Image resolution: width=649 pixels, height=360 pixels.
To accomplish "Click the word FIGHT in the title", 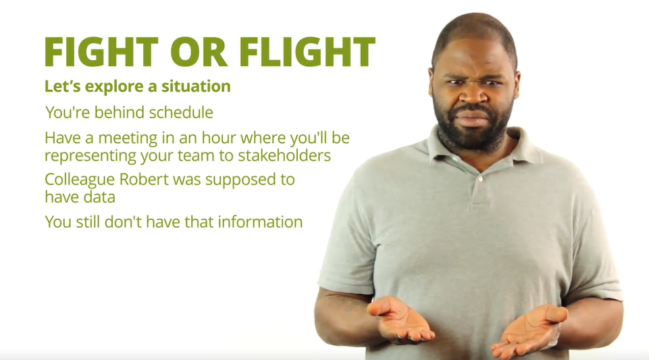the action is (101, 52).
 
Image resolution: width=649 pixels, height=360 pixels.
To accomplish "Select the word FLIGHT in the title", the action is (307, 52).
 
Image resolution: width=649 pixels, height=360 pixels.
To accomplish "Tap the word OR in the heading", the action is (199, 52).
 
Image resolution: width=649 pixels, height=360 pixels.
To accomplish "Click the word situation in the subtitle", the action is (196, 86).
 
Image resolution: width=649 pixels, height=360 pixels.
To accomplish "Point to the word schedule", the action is (181, 112).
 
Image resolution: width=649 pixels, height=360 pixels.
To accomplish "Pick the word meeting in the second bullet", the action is (128, 138).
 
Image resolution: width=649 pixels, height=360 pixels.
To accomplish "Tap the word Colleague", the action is (80, 180).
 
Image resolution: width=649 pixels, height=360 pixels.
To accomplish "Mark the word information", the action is (261, 222).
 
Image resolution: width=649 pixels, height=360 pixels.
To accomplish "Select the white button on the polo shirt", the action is (480, 179).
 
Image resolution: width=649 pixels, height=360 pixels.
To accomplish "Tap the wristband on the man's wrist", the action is (554, 336).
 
